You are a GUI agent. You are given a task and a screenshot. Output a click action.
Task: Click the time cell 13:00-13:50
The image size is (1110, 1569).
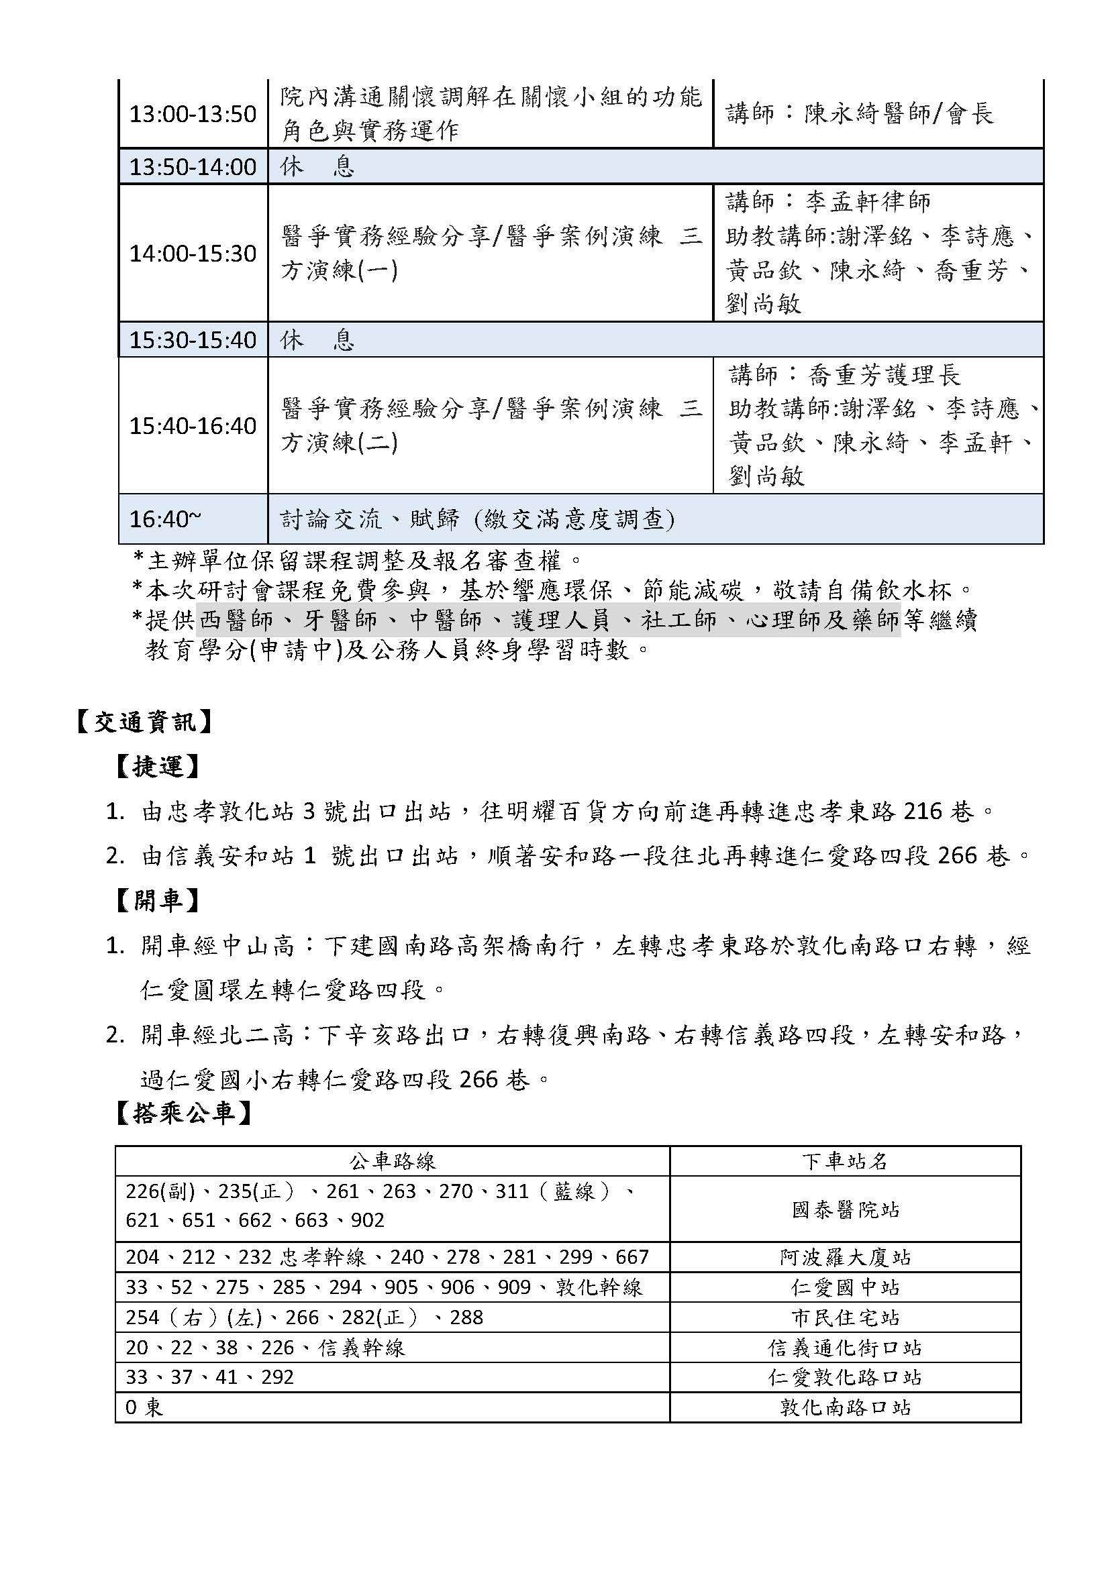pyautogui.click(x=193, y=114)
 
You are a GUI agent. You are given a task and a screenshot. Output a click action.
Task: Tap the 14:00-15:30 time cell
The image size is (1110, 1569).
pyautogui.click(x=193, y=254)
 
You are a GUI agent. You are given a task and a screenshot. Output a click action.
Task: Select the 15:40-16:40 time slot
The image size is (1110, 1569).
pyautogui.click(x=193, y=426)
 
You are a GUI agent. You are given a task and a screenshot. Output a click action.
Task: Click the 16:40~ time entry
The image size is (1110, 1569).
pyautogui.click(x=165, y=519)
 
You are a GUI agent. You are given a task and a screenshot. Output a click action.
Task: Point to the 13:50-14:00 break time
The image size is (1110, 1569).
pyautogui.click(x=193, y=167)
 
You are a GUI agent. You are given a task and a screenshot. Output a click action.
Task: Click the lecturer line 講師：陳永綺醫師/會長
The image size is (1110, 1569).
pyautogui.click(x=860, y=114)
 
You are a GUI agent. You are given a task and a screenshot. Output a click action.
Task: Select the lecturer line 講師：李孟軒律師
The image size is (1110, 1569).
pyautogui.click(x=828, y=202)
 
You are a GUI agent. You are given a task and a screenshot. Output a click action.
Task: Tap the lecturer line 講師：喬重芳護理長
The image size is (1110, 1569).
pyautogui.click(x=845, y=374)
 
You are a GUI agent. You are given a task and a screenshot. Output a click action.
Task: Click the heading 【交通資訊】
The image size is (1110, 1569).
pyautogui.click(x=144, y=722)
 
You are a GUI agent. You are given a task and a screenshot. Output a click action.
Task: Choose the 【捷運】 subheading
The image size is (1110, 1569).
pyautogui.click(x=157, y=767)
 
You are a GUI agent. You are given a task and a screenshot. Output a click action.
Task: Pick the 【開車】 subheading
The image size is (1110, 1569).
pyautogui.click(x=157, y=902)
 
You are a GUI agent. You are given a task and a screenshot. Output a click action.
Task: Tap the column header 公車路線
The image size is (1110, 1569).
pyautogui.click(x=393, y=1161)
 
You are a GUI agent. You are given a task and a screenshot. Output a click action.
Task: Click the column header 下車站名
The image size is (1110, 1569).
pyautogui.click(x=845, y=1161)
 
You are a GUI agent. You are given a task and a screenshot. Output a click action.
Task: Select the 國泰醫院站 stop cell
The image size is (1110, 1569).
pyautogui.click(x=845, y=1210)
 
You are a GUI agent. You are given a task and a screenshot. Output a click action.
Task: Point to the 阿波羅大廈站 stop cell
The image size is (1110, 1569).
pyautogui.click(x=845, y=1257)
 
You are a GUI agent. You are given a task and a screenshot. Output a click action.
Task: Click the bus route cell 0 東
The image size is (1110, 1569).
pyautogui.click(x=145, y=1408)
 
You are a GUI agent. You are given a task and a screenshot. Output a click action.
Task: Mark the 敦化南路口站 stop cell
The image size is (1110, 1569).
pyautogui.click(x=845, y=1408)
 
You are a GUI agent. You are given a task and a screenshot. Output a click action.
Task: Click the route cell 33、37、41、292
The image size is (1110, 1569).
pyautogui.click(x=210, y=1377)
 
